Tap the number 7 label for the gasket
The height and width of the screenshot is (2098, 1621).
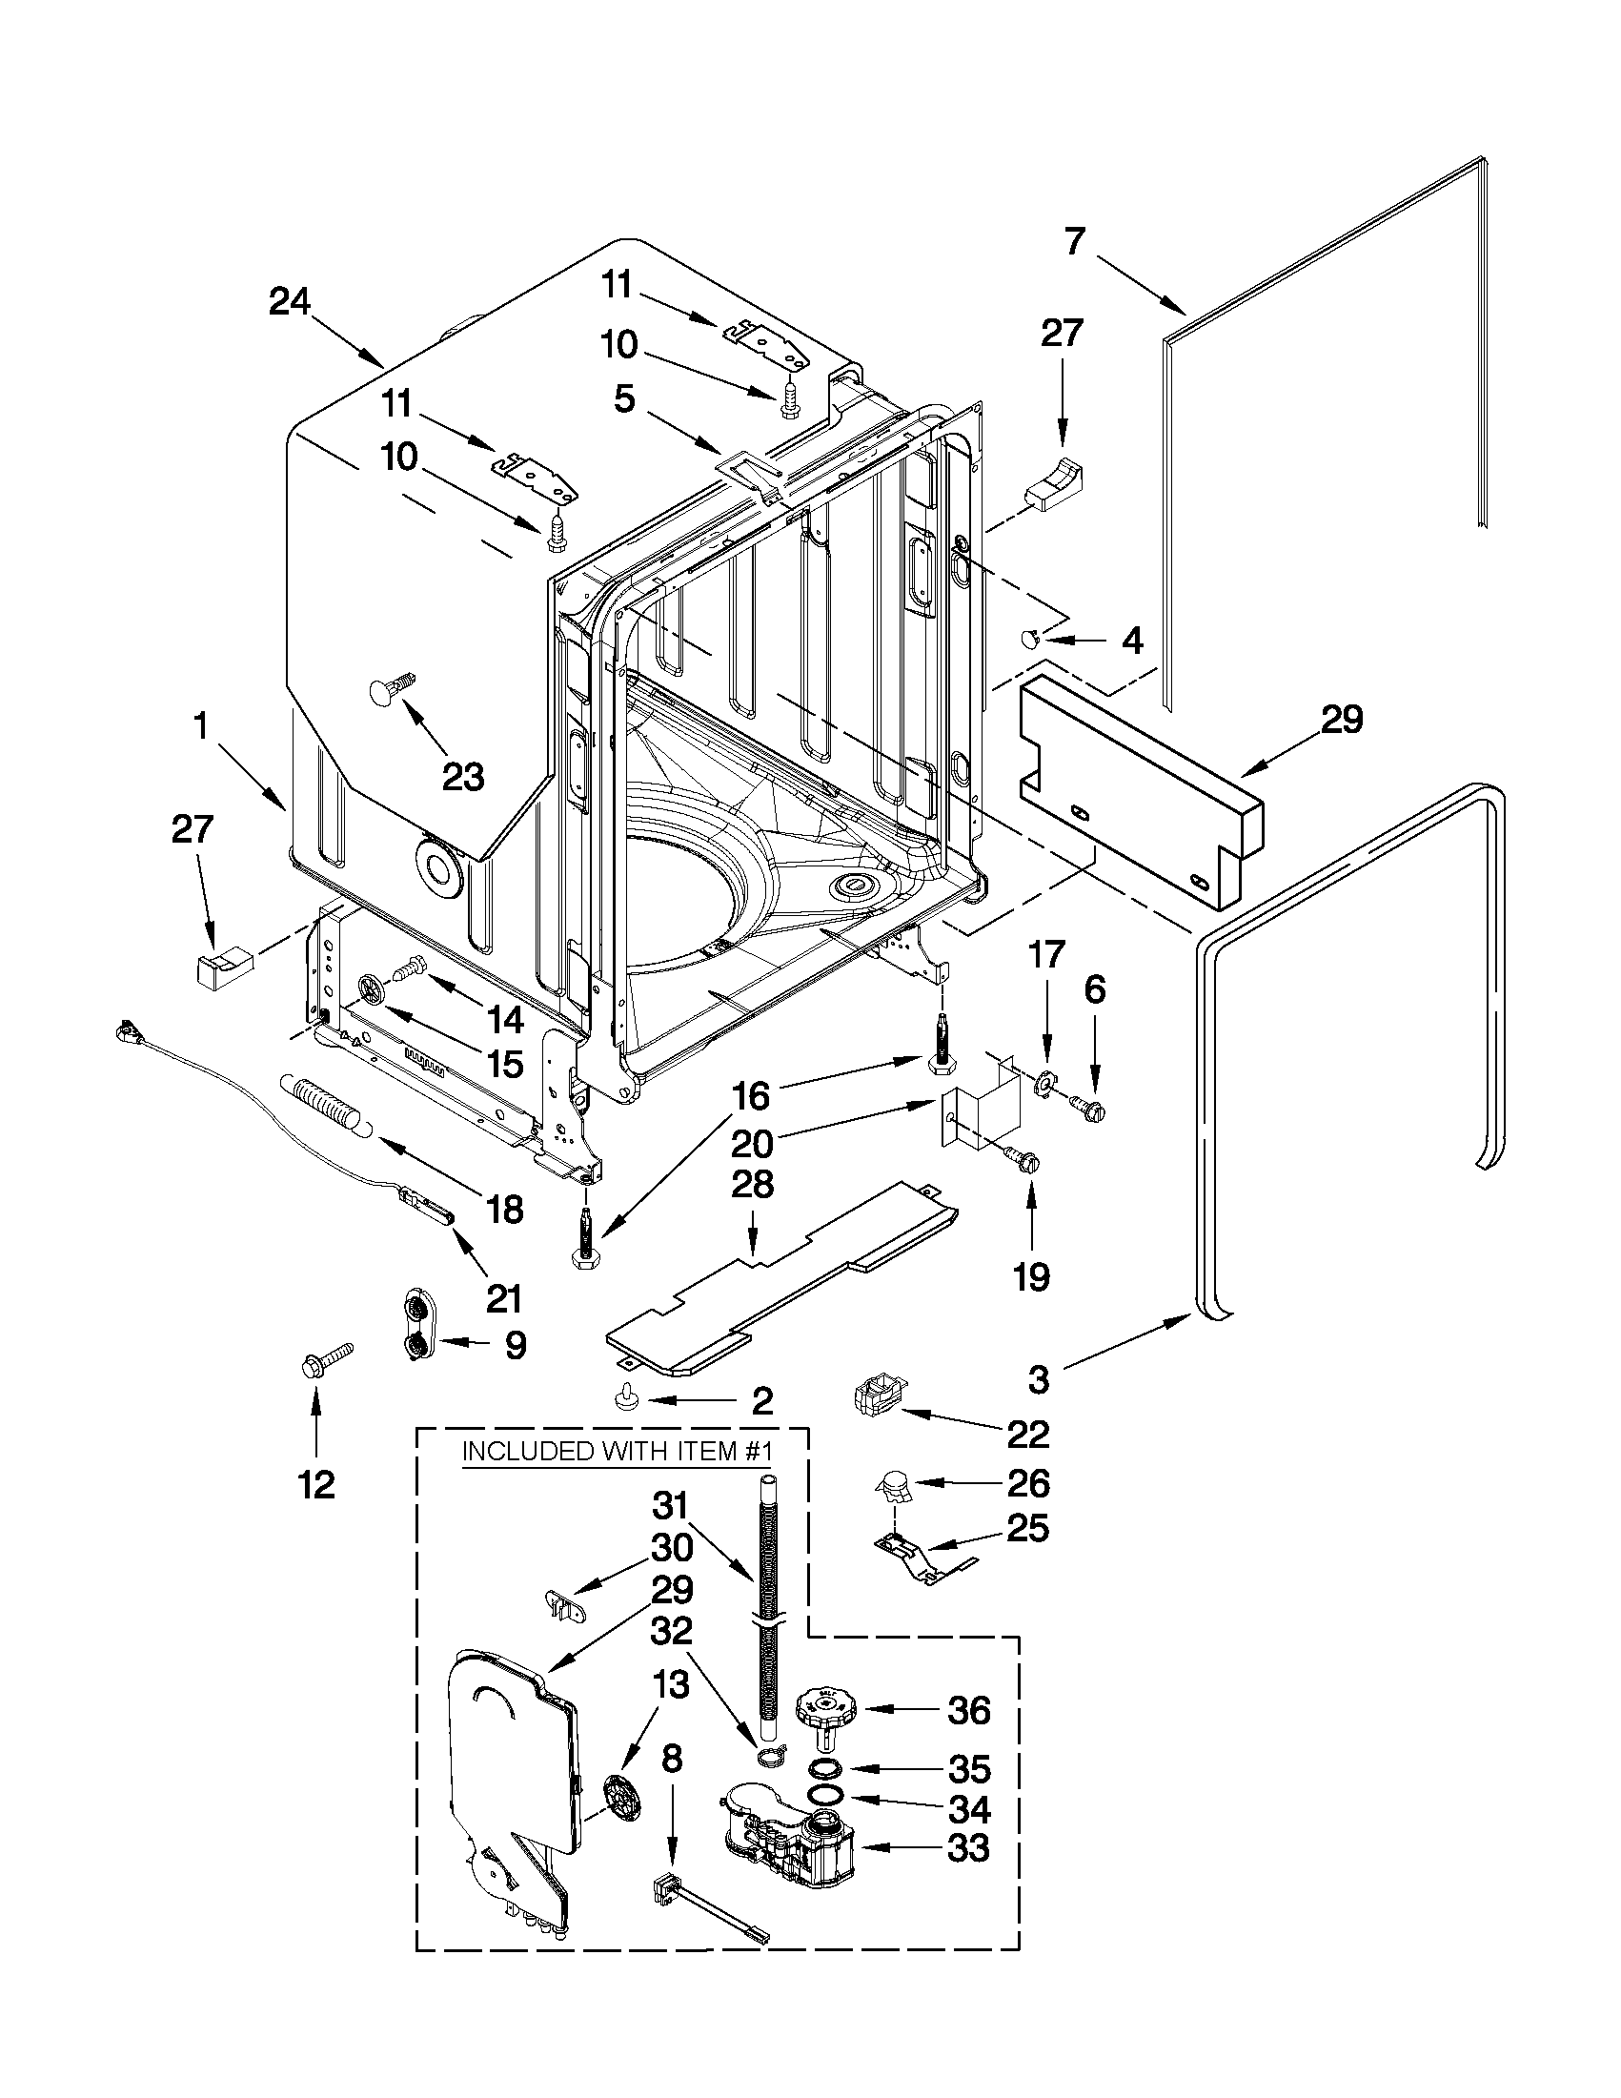tap(1074, 241)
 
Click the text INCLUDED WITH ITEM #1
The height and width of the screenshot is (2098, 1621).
tap(618, 1451)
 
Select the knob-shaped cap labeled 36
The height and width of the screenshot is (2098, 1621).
tap(823, 1712)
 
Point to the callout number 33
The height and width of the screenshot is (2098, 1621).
tap(968, 1847)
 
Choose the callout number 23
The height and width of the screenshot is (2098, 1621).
tap(462, 776)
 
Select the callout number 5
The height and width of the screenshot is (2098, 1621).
tap(624, 398)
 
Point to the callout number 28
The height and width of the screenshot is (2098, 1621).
tap(752, 1184)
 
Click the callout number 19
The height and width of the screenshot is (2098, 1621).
tap(1031, 1276)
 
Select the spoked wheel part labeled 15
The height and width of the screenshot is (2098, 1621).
tap(372, 989)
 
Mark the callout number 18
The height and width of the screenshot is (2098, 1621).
tap(504, 1209)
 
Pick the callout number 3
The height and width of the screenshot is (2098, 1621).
tap(1038, 1380)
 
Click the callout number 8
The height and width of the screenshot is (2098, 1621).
tap(672, 1759)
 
